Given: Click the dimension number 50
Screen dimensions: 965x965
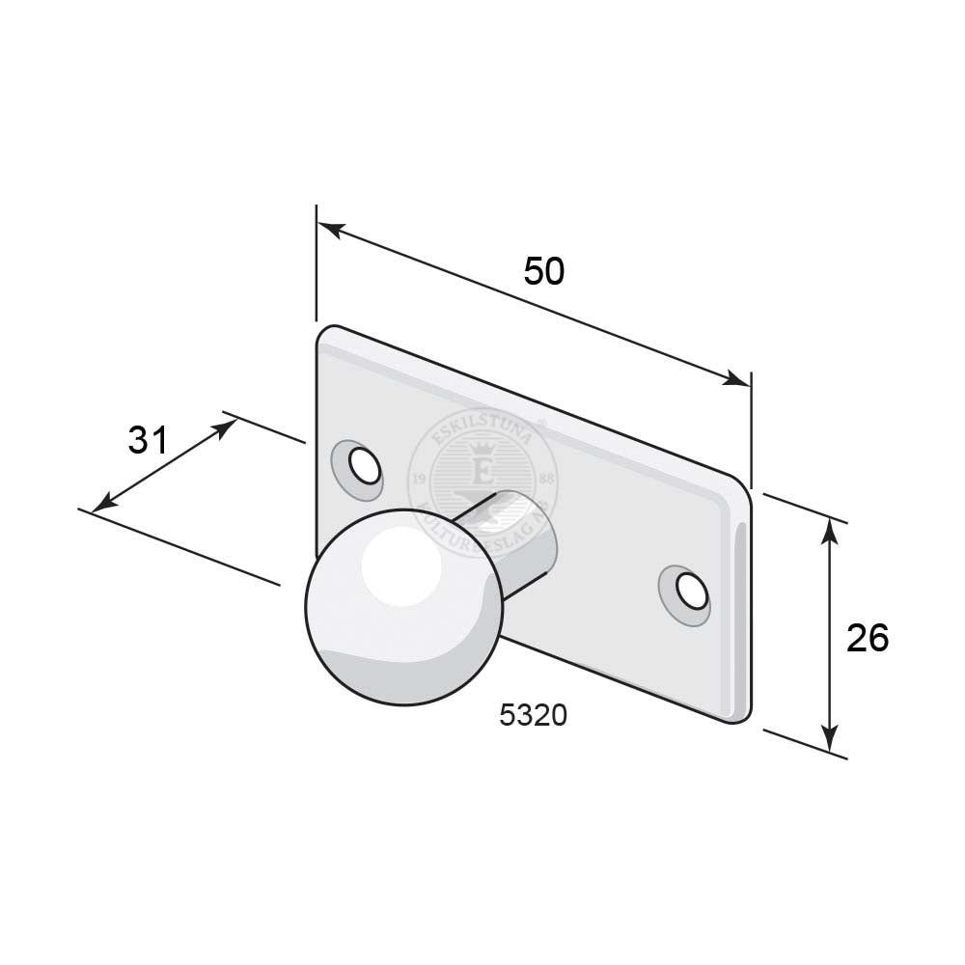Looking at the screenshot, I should [x=543, y=271].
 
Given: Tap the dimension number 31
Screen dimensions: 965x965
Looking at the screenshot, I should [x=149, y=440].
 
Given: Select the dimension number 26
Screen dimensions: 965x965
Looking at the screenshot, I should [x=866, y=637].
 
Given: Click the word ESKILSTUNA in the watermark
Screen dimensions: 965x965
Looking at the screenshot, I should [x=478, y=427].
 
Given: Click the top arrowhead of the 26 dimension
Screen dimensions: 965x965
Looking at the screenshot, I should [x=830, y=526].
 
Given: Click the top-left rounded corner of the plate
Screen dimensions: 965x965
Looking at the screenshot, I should [x=325, y=333].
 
